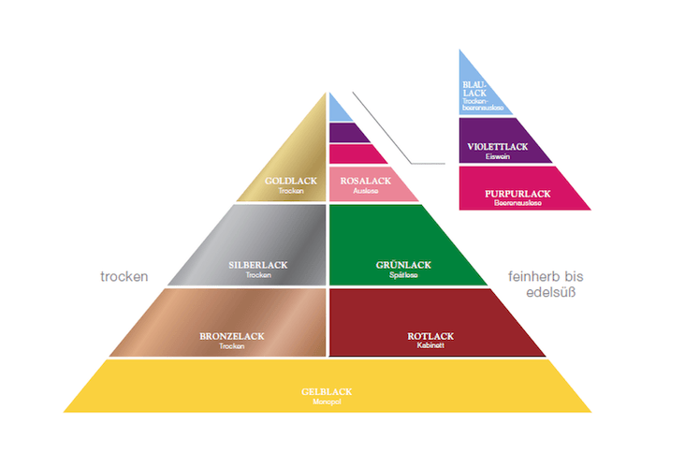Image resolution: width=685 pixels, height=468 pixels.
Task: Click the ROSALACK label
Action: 365,181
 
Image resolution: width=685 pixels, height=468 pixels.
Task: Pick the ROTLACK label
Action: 430,336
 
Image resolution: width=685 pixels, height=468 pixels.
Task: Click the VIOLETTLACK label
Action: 499,147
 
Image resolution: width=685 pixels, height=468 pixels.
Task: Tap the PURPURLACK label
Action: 517,193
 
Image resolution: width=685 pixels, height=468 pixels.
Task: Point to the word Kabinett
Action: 430,345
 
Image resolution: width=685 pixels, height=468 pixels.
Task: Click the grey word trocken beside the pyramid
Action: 125,277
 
